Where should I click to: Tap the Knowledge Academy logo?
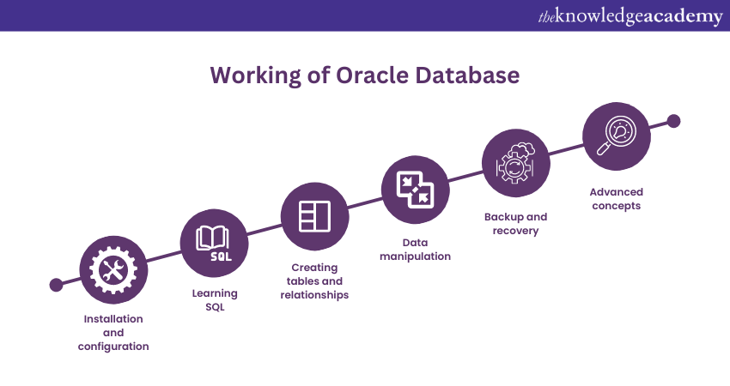click(630, 16)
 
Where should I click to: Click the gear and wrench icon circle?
click(113, 271)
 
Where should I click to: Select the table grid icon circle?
click(314, 216)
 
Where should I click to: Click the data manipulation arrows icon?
click(415, 189)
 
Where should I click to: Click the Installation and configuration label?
click(113, 332)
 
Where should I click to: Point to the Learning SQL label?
click(215, 300)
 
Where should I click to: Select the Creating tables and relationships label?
click(314, 281)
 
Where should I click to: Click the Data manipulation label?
click(415, 249)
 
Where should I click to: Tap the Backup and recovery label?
click(515, 224)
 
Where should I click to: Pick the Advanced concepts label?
click(616, 199)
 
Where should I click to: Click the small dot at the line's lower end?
click(56, 285)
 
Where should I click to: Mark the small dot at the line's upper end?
click(673, 121)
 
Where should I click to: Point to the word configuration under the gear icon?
click(113, 347)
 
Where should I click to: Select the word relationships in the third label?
click(314, 295)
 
